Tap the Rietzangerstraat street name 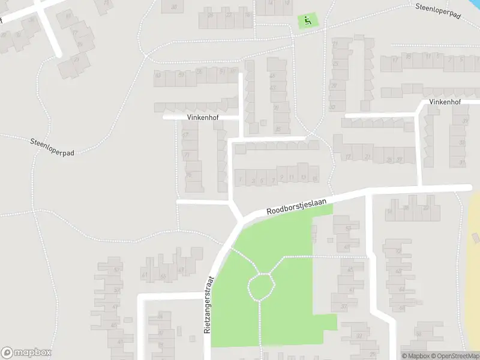coord(209,305)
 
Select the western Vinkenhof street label coord(202,118)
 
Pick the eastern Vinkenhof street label coord(445,103)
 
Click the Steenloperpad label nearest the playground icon coord(437,10)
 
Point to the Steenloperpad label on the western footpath coord(52,146)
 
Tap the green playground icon coord(308,22)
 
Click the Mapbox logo coord(26,353)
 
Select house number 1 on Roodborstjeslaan coord(241,179)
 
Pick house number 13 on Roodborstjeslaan coord(304,177)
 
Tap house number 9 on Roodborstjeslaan coord(282,178)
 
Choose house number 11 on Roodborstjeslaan coord(292,178)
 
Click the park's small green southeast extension coord(325,322)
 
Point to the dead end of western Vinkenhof coord(166,118)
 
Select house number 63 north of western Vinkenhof coord(158,75)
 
